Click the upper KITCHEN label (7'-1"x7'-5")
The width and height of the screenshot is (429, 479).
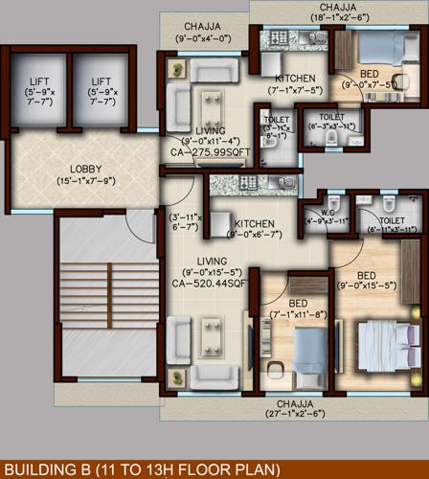pos(294,79)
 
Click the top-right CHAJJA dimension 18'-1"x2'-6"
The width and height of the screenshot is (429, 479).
pos(337,16)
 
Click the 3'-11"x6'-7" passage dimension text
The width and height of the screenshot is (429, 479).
pos(185,221)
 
